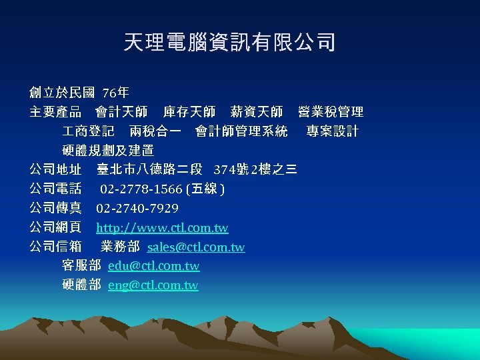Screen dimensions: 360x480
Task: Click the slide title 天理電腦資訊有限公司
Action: click(229, 43)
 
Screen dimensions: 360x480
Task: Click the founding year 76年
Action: click(116, 93)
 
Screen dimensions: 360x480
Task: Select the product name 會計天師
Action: click(121, 111)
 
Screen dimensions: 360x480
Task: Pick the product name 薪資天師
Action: click(256, 111)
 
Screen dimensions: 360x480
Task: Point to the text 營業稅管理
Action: click(331, 111)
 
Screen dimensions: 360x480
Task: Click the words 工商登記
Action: click(88, 131)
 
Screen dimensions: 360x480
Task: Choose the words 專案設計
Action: click(332, 131)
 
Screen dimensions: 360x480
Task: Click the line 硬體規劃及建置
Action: click(108, 150)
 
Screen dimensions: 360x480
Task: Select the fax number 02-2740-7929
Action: click(137, 209)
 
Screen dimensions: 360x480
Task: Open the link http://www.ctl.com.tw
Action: click(162, 228)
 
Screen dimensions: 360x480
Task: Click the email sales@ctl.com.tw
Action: click(196, 247)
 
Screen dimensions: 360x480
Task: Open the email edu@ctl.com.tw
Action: click(153, 266)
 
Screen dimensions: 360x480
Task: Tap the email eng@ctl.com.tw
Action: click(153, 285)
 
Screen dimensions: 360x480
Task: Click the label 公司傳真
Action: click(55, 209)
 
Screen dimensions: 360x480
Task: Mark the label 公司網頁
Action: click(55, 228)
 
